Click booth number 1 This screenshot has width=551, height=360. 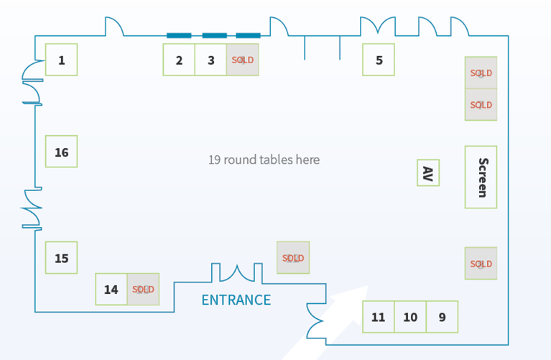coord(61,60)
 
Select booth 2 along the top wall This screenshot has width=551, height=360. coord(179,60)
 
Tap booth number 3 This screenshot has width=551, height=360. coord(210,60)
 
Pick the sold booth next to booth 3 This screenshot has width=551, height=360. coord(242,60)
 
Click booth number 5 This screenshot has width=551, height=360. coord(379,60)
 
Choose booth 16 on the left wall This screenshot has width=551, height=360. coord(61,152)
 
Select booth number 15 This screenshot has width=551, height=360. coord(61,258)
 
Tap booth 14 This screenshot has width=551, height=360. coord(111,290)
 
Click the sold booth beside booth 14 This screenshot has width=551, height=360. coord(143,290)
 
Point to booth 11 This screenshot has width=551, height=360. coord(378,317)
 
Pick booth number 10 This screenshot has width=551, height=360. coord(409,317)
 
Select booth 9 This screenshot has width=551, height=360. coord(442,317)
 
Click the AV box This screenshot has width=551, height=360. coord(428,173)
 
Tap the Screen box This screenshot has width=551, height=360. coord(481,177)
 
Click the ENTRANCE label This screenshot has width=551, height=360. coord(236,300)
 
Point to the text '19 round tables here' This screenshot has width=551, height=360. coord(264,160)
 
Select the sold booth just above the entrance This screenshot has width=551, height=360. coord(293,258)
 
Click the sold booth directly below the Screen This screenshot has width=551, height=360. coord(481,264)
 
